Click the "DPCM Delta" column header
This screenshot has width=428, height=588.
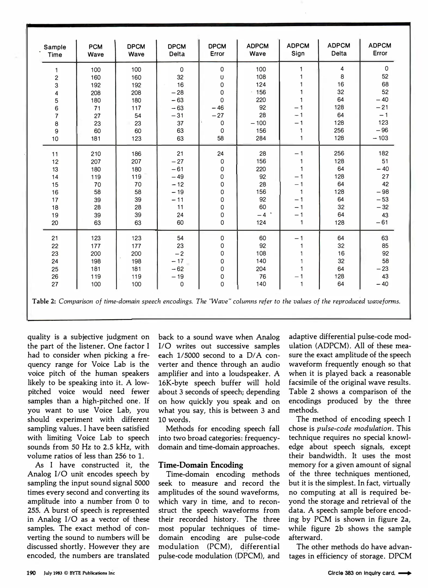pos(177,50)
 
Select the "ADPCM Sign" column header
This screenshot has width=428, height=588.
pos(298,50)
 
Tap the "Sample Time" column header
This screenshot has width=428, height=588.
pos(55,51)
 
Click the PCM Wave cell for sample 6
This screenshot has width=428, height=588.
pos(97,108)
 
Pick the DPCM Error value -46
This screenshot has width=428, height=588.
pos(217,108)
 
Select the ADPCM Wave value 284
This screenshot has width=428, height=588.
pos(261,138)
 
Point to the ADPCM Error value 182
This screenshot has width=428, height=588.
pos(383,154)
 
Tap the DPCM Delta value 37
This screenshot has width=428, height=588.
pos(180,123)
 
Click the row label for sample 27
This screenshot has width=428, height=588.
pos(55,284)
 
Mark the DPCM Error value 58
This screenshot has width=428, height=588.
pos(220,138)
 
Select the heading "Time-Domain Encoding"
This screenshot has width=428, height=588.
pos(201,465)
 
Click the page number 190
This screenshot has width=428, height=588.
pos(31,573)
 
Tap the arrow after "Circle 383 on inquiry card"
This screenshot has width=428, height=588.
pos(405,573)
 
